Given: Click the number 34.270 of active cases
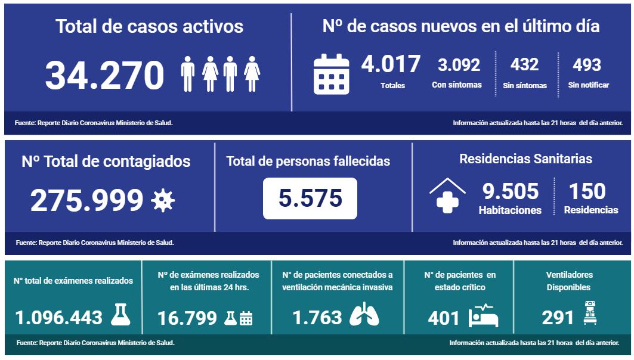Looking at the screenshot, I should point(104,76).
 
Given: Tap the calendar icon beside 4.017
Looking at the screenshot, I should point(331,75).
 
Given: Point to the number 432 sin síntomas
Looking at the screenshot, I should point(525,64).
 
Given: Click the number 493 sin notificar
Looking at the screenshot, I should point(587,65).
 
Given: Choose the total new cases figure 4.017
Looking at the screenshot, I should point(391,64).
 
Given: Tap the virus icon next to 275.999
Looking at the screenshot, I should point(162,200).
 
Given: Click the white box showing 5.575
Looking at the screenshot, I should point(310,198).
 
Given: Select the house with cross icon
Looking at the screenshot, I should point(447,195).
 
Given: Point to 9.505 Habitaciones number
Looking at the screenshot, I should point(510,191).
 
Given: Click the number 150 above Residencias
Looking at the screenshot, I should point(587,191).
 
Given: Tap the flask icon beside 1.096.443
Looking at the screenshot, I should point(120,314).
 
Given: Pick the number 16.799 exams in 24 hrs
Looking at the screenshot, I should point(187,318).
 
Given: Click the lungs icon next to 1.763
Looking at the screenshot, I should point(364,315).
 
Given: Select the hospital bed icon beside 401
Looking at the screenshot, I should point(483,316).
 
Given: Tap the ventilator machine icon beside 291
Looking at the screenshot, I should point(589,313).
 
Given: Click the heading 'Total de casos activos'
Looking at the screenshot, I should point(149,27).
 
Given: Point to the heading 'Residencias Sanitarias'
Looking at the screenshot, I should point(525,159).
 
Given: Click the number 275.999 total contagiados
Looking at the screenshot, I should point(87,200).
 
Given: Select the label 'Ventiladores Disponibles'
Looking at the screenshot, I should point(569,281).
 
